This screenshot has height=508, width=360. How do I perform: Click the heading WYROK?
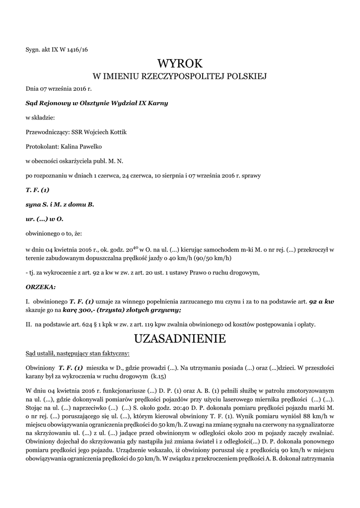(180, 63)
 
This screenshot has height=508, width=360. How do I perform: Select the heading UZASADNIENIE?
(180, 339)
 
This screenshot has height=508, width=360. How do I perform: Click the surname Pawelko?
(89, 146)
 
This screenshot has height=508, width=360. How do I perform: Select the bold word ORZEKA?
(41, 287)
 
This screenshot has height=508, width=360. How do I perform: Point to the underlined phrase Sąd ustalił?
(41, 354)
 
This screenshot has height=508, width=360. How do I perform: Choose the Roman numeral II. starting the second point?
(28, 324)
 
